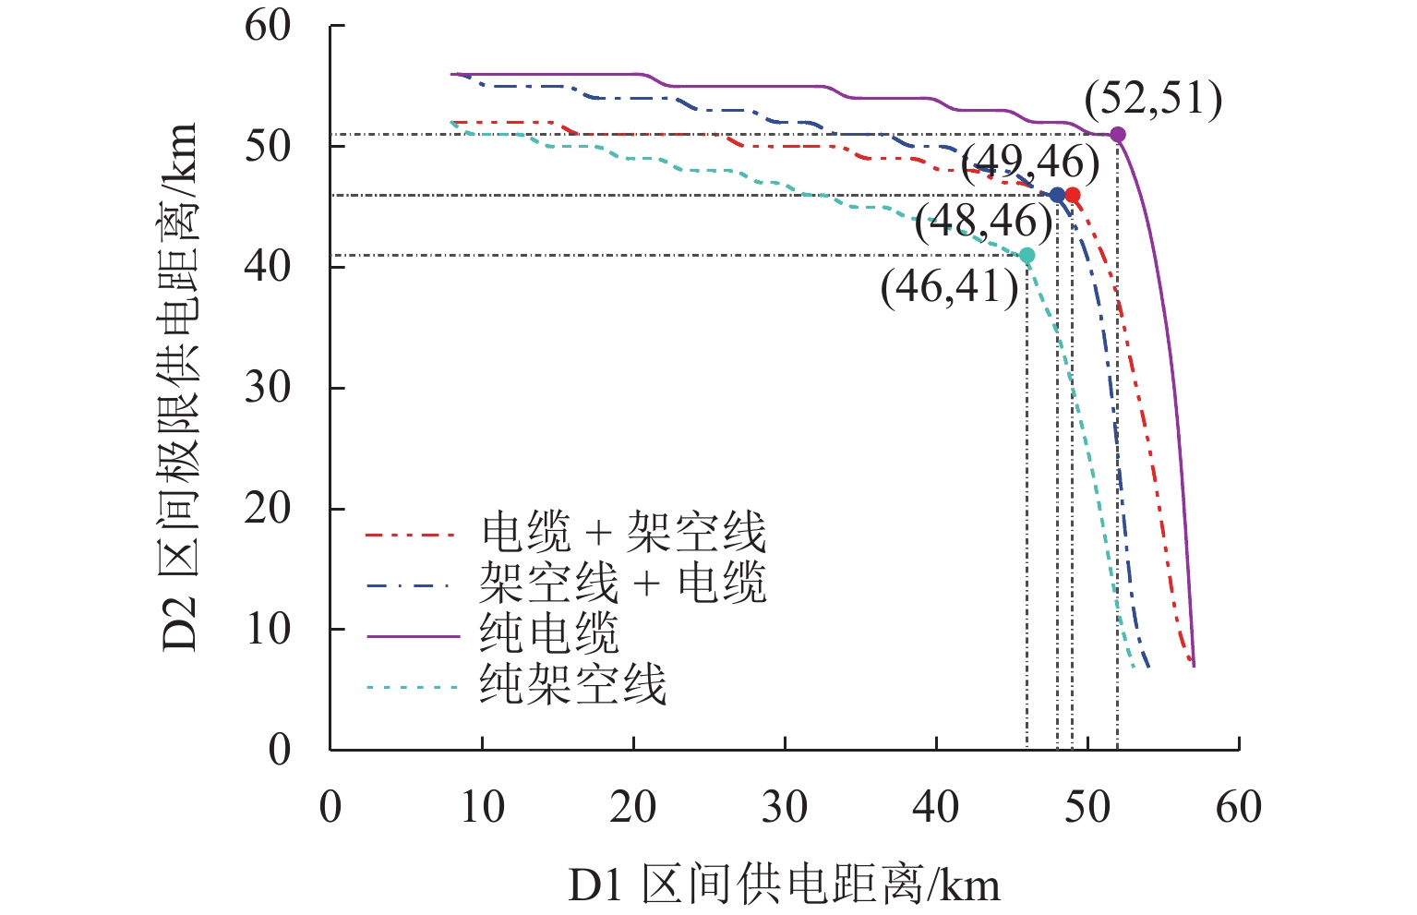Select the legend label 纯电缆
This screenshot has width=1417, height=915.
[548, 634]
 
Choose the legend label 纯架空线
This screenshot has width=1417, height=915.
[572, 685]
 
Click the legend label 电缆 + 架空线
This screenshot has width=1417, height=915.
[623, 533]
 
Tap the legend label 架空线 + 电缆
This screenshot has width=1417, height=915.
[623, 584]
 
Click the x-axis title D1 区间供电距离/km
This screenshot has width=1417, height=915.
[784, 885]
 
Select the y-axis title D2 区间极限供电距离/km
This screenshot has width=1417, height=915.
[180, 387]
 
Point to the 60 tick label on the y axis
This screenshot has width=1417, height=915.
[268, 27]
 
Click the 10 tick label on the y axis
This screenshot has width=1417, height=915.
[268, 630]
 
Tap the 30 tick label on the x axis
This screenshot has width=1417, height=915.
[785, 808]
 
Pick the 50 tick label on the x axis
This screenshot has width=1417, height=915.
[1087, 808]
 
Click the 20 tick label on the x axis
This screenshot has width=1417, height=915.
[633, 808]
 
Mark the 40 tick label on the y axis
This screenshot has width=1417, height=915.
[268, 268]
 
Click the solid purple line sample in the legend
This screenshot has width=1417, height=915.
[413, 636]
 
